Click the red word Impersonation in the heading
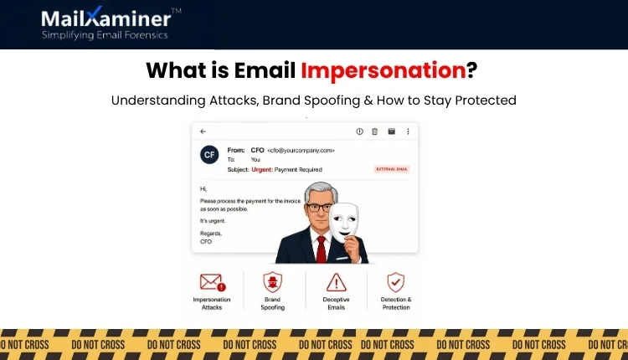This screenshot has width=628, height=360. pos(383,70)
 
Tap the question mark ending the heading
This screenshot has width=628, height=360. pos(473,70)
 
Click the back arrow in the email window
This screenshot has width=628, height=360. pos(203,131)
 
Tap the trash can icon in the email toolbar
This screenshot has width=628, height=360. pos(374,131)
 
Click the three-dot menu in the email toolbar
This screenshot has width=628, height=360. pos(408,131)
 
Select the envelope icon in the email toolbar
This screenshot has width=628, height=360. pos(391,131)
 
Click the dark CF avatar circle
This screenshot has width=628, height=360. pos(209,155)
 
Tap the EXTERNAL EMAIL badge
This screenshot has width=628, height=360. pos(391,170)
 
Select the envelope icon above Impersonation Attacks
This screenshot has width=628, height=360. pos(212,282)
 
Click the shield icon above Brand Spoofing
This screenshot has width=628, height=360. pos(273,282)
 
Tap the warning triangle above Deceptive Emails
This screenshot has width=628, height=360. pos(337,282)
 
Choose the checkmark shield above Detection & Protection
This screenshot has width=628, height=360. pos(397,282)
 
